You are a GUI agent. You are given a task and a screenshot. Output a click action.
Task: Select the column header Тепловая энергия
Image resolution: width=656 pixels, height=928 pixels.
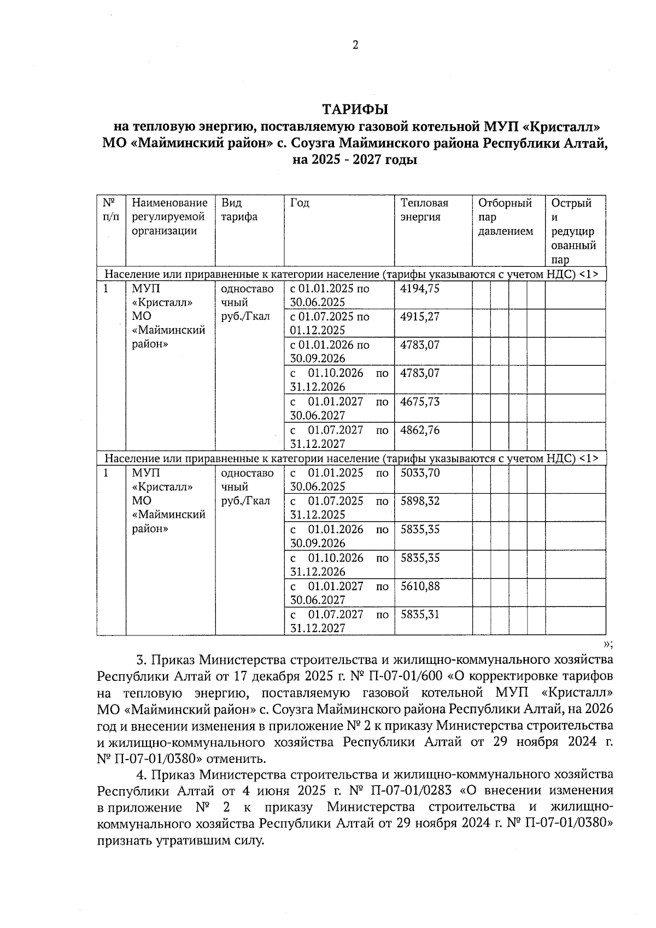(424, 210)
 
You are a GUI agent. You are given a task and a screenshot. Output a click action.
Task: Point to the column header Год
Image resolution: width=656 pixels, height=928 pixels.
(300, 203)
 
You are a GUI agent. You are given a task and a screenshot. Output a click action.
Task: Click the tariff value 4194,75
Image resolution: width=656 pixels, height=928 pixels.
(420, 289)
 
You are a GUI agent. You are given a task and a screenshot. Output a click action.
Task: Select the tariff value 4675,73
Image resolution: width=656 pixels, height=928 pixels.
(420, 402)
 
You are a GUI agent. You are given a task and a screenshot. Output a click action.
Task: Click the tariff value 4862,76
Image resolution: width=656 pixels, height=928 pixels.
(420, 430)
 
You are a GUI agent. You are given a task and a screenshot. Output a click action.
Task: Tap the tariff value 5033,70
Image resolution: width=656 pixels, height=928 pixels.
(420, 473)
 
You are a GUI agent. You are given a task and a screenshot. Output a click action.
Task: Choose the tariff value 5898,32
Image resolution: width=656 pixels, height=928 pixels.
(420, 501)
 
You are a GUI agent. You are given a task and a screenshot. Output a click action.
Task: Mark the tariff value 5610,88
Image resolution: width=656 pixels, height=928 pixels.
(420, 587)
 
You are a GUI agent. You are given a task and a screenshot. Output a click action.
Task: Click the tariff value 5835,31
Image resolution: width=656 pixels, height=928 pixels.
(420, 615)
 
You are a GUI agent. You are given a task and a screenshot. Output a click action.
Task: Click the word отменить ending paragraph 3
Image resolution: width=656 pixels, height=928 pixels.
(237, 759)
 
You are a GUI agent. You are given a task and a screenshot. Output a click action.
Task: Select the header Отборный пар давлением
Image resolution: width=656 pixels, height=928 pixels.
(505, 217)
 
